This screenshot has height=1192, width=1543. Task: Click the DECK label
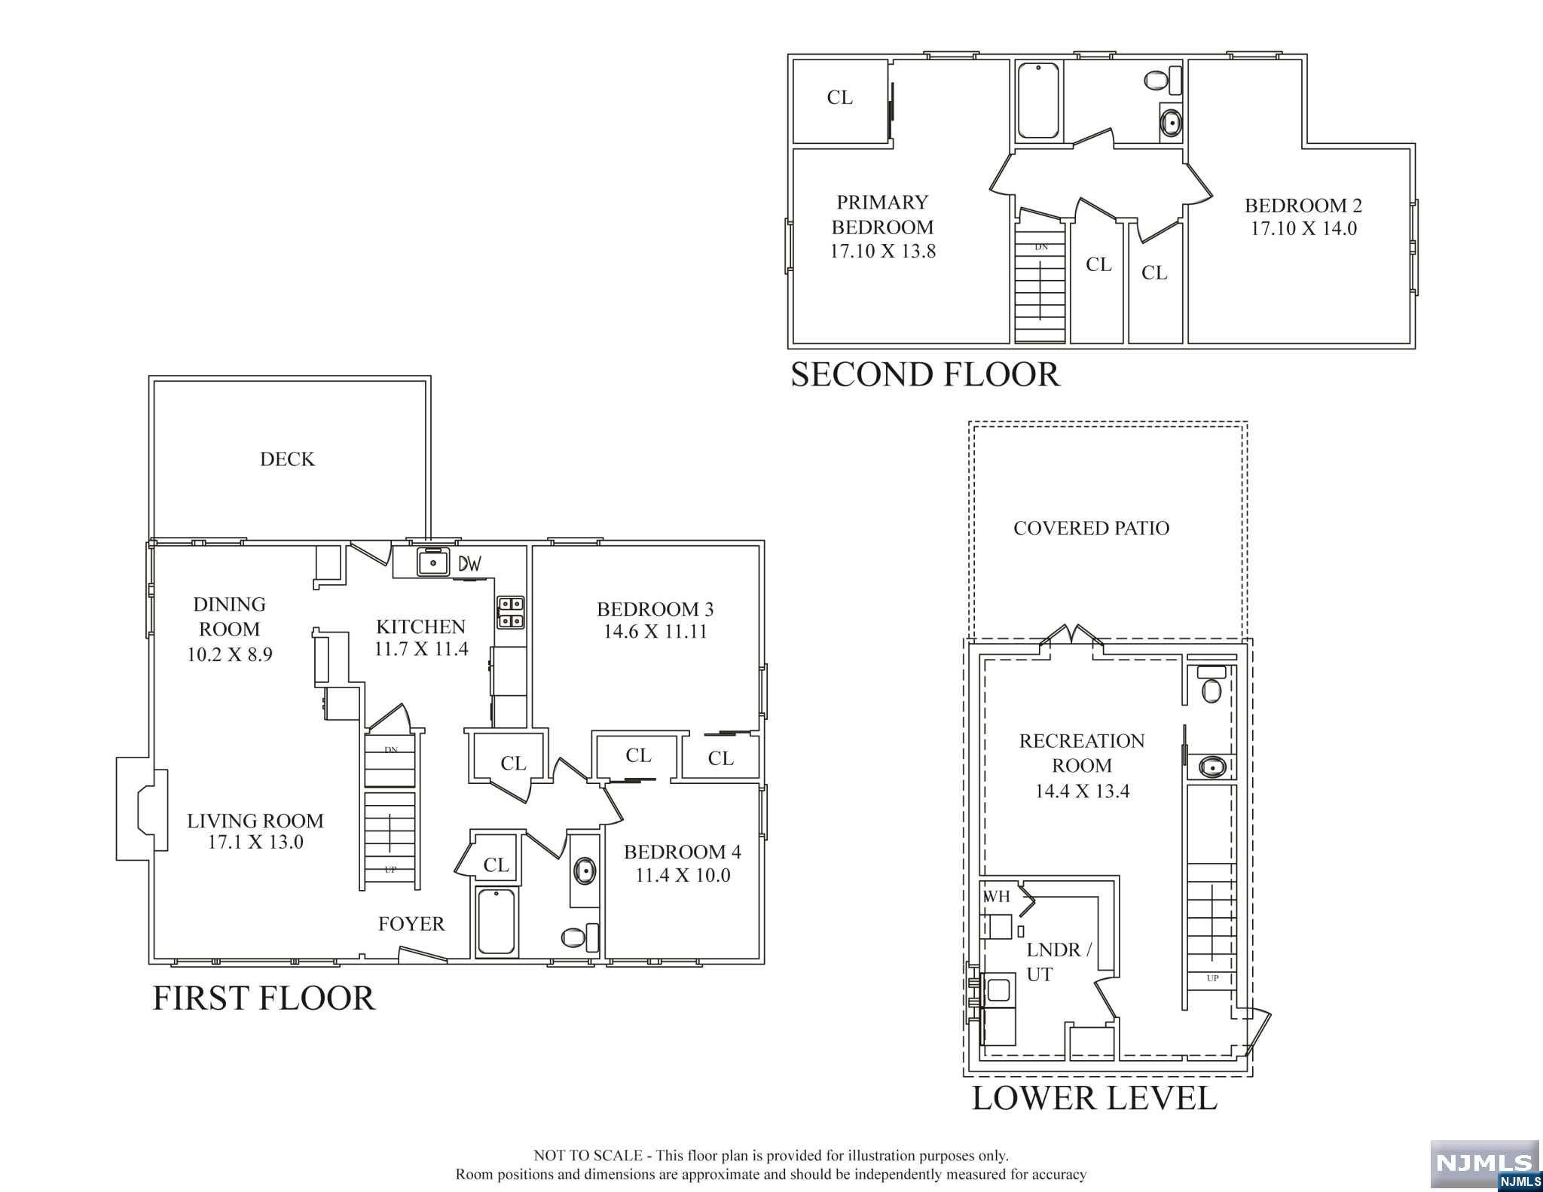[287, 459]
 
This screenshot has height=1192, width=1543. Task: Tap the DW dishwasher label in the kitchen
[469, 563]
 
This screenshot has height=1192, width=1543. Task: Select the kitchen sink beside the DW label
[433, 562]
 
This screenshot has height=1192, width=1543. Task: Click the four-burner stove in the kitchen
[510, 612]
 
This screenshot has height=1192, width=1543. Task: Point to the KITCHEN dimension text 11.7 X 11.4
[421, 648]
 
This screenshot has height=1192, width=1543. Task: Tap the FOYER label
[411, 924]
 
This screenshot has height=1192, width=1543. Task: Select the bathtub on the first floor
[497, 921]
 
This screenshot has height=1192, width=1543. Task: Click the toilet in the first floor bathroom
[579, 937]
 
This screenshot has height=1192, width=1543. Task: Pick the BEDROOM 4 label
[683, 852]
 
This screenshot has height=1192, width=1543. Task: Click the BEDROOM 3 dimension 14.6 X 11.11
[655, 632]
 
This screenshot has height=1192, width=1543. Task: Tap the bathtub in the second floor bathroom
[1038, 101]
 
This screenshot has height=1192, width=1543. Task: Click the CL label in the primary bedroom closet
[840, 97]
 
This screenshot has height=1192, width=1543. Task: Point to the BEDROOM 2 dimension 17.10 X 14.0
[1304, 229]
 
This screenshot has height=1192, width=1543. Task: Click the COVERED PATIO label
[1092, 529]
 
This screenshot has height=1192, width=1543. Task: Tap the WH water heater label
[997, 897]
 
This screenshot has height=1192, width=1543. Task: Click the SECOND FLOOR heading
[925, 374]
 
